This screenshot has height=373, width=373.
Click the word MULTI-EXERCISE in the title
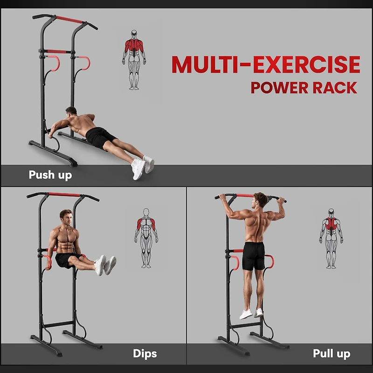266,65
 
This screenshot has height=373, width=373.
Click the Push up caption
50,175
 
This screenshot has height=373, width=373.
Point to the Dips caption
145,353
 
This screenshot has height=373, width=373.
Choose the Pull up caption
332,353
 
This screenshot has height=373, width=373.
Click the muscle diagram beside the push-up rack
134,60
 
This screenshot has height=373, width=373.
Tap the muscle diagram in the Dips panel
146,238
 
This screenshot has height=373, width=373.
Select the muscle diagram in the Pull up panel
331,238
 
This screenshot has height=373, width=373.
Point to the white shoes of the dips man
105,265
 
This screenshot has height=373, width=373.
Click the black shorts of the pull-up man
254,256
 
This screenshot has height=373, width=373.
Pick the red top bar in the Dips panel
65,194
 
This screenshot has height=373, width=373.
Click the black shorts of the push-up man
100,137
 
